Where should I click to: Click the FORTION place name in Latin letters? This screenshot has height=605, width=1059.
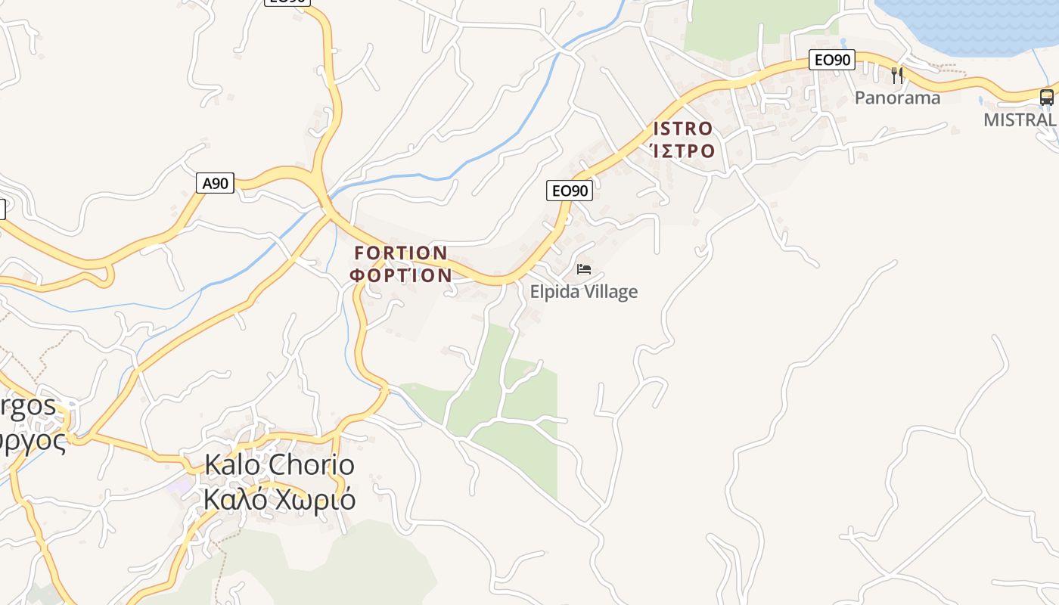(401, 253)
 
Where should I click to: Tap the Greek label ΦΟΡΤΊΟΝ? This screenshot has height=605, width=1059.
(401, 275)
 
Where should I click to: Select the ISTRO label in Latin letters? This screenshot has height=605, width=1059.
(682, 129)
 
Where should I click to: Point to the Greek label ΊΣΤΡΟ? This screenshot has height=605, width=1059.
(682, 150)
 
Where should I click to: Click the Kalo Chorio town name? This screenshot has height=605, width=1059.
(279, 465)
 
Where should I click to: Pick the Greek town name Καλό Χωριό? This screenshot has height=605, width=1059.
(279, 500)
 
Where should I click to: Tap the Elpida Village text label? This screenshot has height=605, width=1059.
(583, 292)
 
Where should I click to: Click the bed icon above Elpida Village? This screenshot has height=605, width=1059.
(583, 268)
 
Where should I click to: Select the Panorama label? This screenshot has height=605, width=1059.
(897, 98)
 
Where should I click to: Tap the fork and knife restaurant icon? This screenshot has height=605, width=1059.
(897, 75)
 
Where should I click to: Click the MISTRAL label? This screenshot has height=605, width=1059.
(1019, 119)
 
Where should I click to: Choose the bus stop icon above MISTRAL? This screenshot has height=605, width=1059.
(1046, 97)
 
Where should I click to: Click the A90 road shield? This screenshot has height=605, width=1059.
(216, 183)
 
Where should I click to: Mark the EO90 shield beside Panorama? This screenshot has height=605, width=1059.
(831, 60)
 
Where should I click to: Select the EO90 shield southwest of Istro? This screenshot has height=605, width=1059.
(569, 191)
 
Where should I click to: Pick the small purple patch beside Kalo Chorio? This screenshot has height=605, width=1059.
(179, 485)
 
